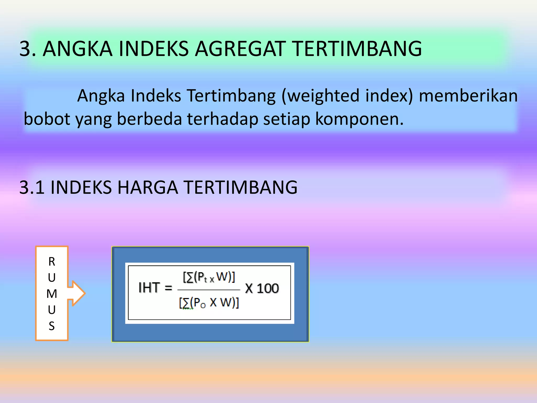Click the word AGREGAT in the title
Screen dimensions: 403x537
click(x=240, y=49)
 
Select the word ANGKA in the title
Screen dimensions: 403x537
click(x=78, y=49)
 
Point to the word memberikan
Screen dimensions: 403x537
click(x=468, y=96)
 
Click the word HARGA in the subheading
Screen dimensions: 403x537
click(x=148, y=188)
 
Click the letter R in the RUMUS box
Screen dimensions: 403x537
click(x=52, y=262)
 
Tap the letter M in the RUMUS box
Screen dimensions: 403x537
click(x=52, y=294)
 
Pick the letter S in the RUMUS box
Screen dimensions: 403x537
click(x=52, y=326)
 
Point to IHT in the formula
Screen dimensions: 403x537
click(x=149, y=288)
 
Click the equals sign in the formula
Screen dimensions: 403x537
click(x=168, y=288)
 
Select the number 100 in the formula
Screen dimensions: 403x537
click(x=268, y=288)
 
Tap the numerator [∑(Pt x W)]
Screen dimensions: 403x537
click(x=209, y=277)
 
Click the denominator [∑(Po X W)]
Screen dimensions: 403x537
click(x=209, y=303)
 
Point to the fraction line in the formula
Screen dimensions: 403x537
click(x=209, y=290)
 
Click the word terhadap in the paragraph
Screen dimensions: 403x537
click(x=222, y=119)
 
